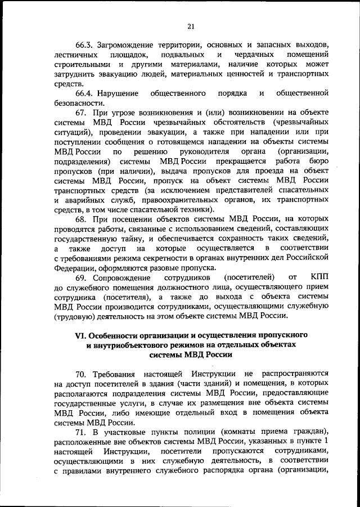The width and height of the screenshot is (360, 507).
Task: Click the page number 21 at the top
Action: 191,25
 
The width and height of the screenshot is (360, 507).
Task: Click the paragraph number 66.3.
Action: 85,45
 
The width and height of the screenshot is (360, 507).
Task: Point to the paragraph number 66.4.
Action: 85,93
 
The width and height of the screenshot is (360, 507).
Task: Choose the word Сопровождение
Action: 126,277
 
